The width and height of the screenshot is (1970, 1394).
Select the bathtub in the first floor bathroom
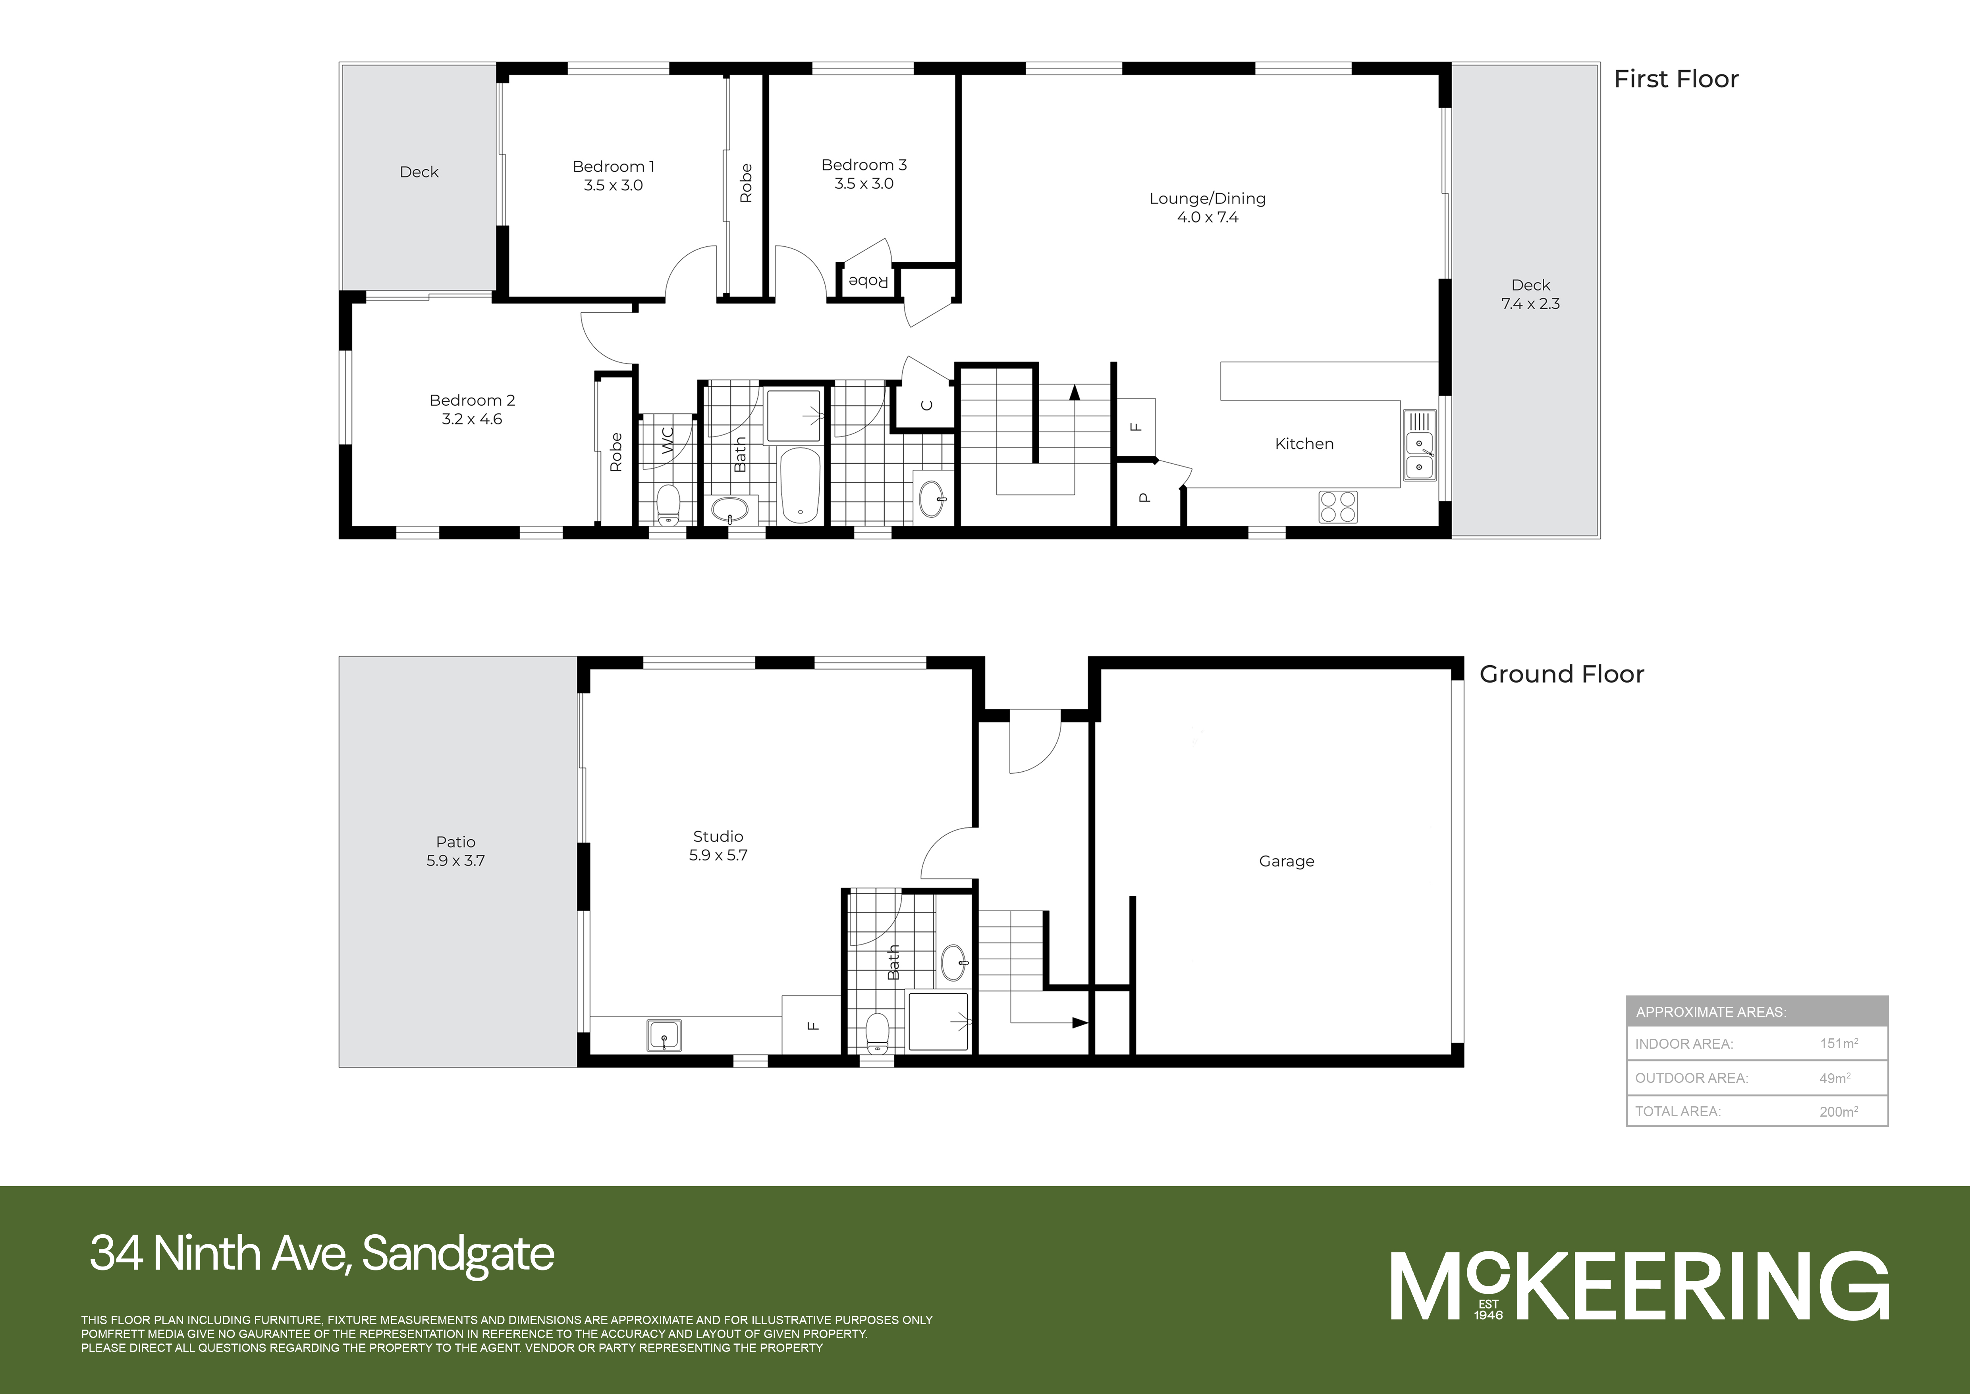(800, 485)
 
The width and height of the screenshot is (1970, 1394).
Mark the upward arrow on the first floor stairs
(1073, 393)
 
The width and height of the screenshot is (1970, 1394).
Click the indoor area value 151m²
(1838, 1044)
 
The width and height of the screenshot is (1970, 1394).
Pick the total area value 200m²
(1838, 1111)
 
